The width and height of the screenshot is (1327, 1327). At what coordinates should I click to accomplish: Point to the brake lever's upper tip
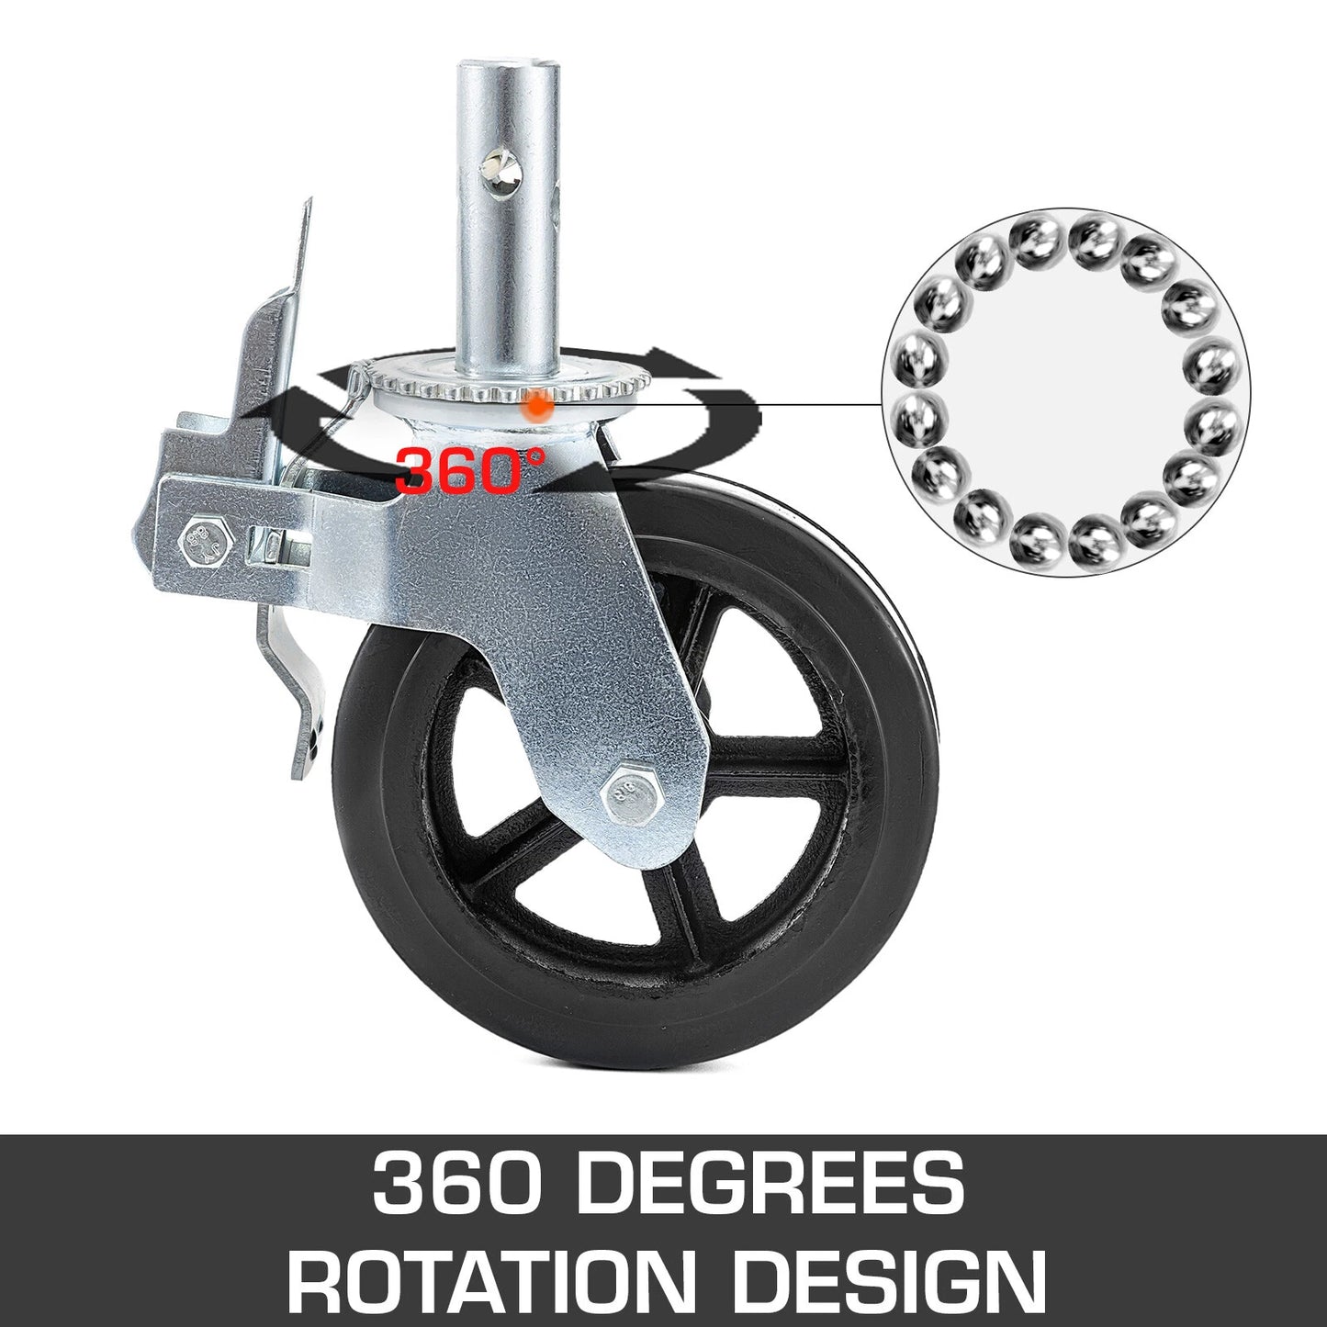click(x=307, y=207)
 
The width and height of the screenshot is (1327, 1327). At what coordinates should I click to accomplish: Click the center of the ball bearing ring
click(x=1065, y=392)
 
